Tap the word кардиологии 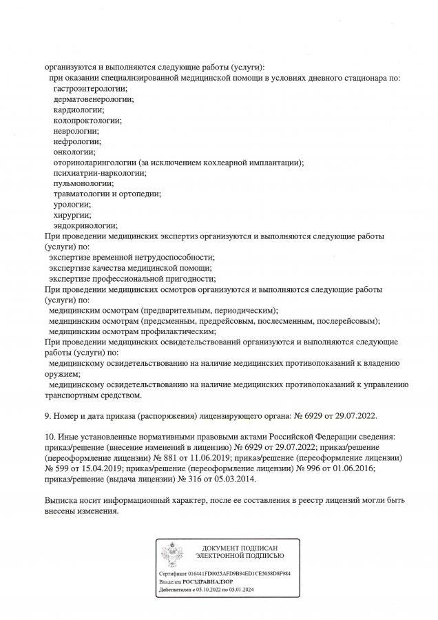[x=79, y=110]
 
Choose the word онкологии [x=74, y=152]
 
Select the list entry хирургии [x=72, y=214]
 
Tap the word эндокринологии [x=85, y=225]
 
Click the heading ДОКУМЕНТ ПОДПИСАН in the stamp [x=238, y=546]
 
